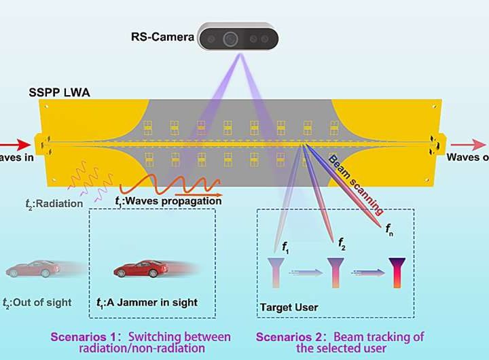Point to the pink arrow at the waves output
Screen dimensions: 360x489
click(x=468, y=145)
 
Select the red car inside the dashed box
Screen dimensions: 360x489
click(x=139, y=268)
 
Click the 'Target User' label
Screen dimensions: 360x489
click(x=289, y=308)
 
